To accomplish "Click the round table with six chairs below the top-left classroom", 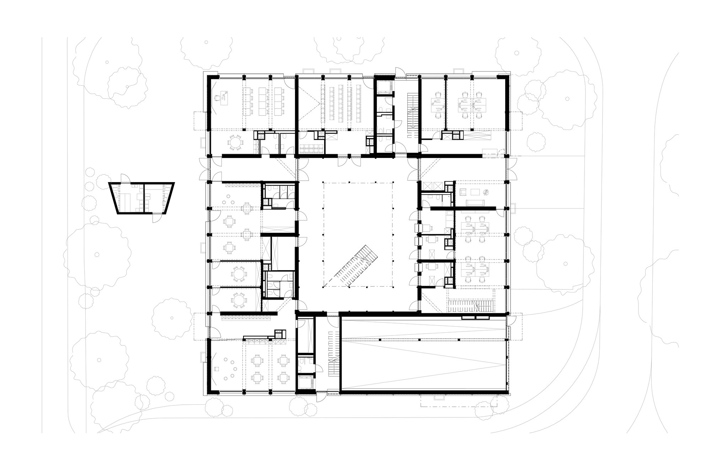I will [x=235, y=142].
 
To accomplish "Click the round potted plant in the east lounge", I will [x=486, y=192].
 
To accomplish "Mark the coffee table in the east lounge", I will [x=475, y=192].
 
